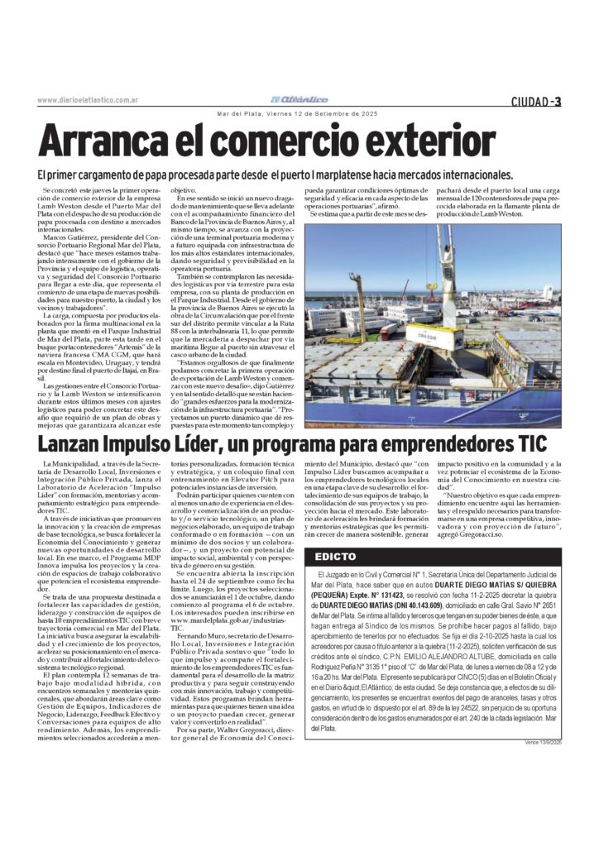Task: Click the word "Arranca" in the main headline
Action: pyautogui.click(x=99, y=140)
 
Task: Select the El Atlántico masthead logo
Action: pyautogui.click(x=302, y=99)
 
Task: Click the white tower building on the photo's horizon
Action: pyautogui.click(x=547, y=293)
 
